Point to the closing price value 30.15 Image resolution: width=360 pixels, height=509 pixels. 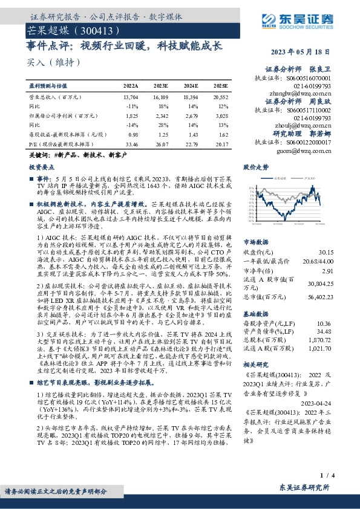324,251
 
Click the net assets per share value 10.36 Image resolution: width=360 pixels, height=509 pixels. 324,325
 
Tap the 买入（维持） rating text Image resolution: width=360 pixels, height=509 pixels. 46,62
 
